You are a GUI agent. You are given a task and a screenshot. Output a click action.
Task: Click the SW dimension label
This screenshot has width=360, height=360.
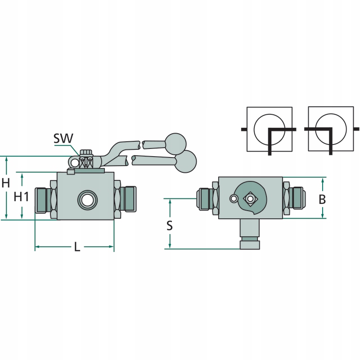pos(63,138)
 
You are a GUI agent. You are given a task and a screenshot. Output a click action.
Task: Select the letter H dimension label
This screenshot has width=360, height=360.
pos(5,183)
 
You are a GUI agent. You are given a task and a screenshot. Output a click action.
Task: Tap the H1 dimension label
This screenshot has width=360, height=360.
pos(21,196)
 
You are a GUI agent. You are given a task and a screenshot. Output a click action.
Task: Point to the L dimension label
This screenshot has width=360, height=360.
pos(77,247)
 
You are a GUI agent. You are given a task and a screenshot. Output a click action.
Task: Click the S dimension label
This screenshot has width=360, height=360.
pos(170,225)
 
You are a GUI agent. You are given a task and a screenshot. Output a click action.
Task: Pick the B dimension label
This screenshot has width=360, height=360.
pos(322,199)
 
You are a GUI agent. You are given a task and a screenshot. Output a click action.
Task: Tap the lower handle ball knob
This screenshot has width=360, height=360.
pos(185,161)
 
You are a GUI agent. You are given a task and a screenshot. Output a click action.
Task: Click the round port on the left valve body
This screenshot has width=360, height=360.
pos(86,199)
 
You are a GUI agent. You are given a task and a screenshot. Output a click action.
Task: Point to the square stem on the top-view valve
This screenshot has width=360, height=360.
pos(250,198)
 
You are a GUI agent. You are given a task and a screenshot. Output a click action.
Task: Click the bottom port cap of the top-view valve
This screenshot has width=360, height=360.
pos(250,245)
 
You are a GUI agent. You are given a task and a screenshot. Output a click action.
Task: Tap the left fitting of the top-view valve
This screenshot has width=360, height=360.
pos(205,198)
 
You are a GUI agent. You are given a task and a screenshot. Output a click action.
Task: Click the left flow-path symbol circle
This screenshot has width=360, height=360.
pos(269,129)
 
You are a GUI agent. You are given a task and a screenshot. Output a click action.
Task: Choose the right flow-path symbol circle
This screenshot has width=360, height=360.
pos(331,129)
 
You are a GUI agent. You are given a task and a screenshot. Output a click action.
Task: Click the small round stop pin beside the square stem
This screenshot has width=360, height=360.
pos(233,198)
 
